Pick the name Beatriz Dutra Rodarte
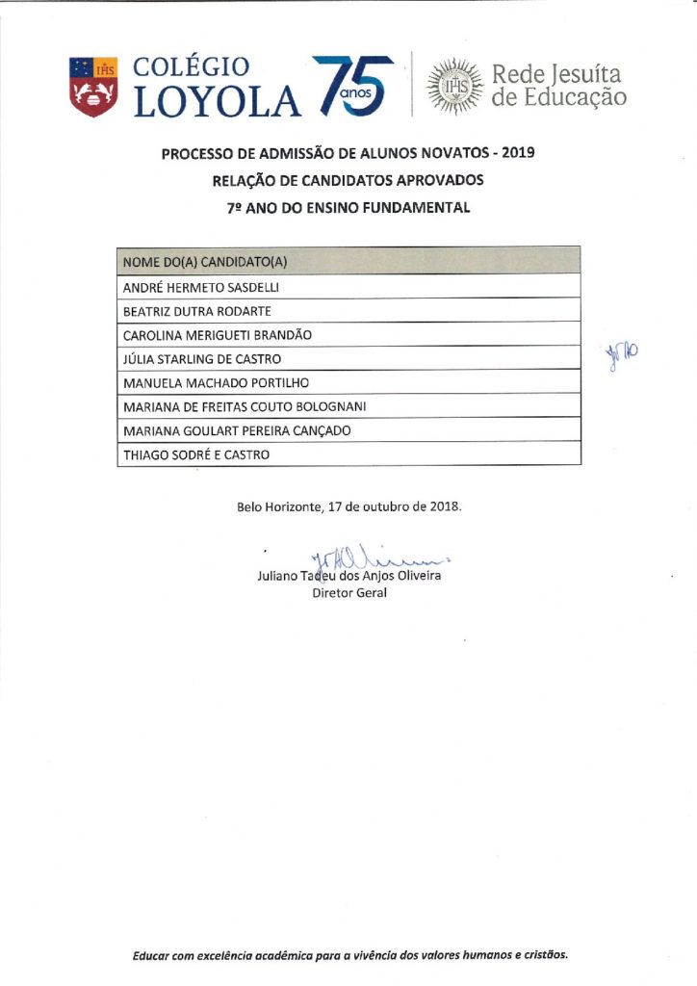(197, 311)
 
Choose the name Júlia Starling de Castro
(202, 359)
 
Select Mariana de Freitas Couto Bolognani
(245, 406)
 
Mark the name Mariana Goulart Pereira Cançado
(238, 430)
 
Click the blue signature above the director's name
(375, 558)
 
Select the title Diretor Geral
(348, 594)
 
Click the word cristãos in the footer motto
(541, 956)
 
